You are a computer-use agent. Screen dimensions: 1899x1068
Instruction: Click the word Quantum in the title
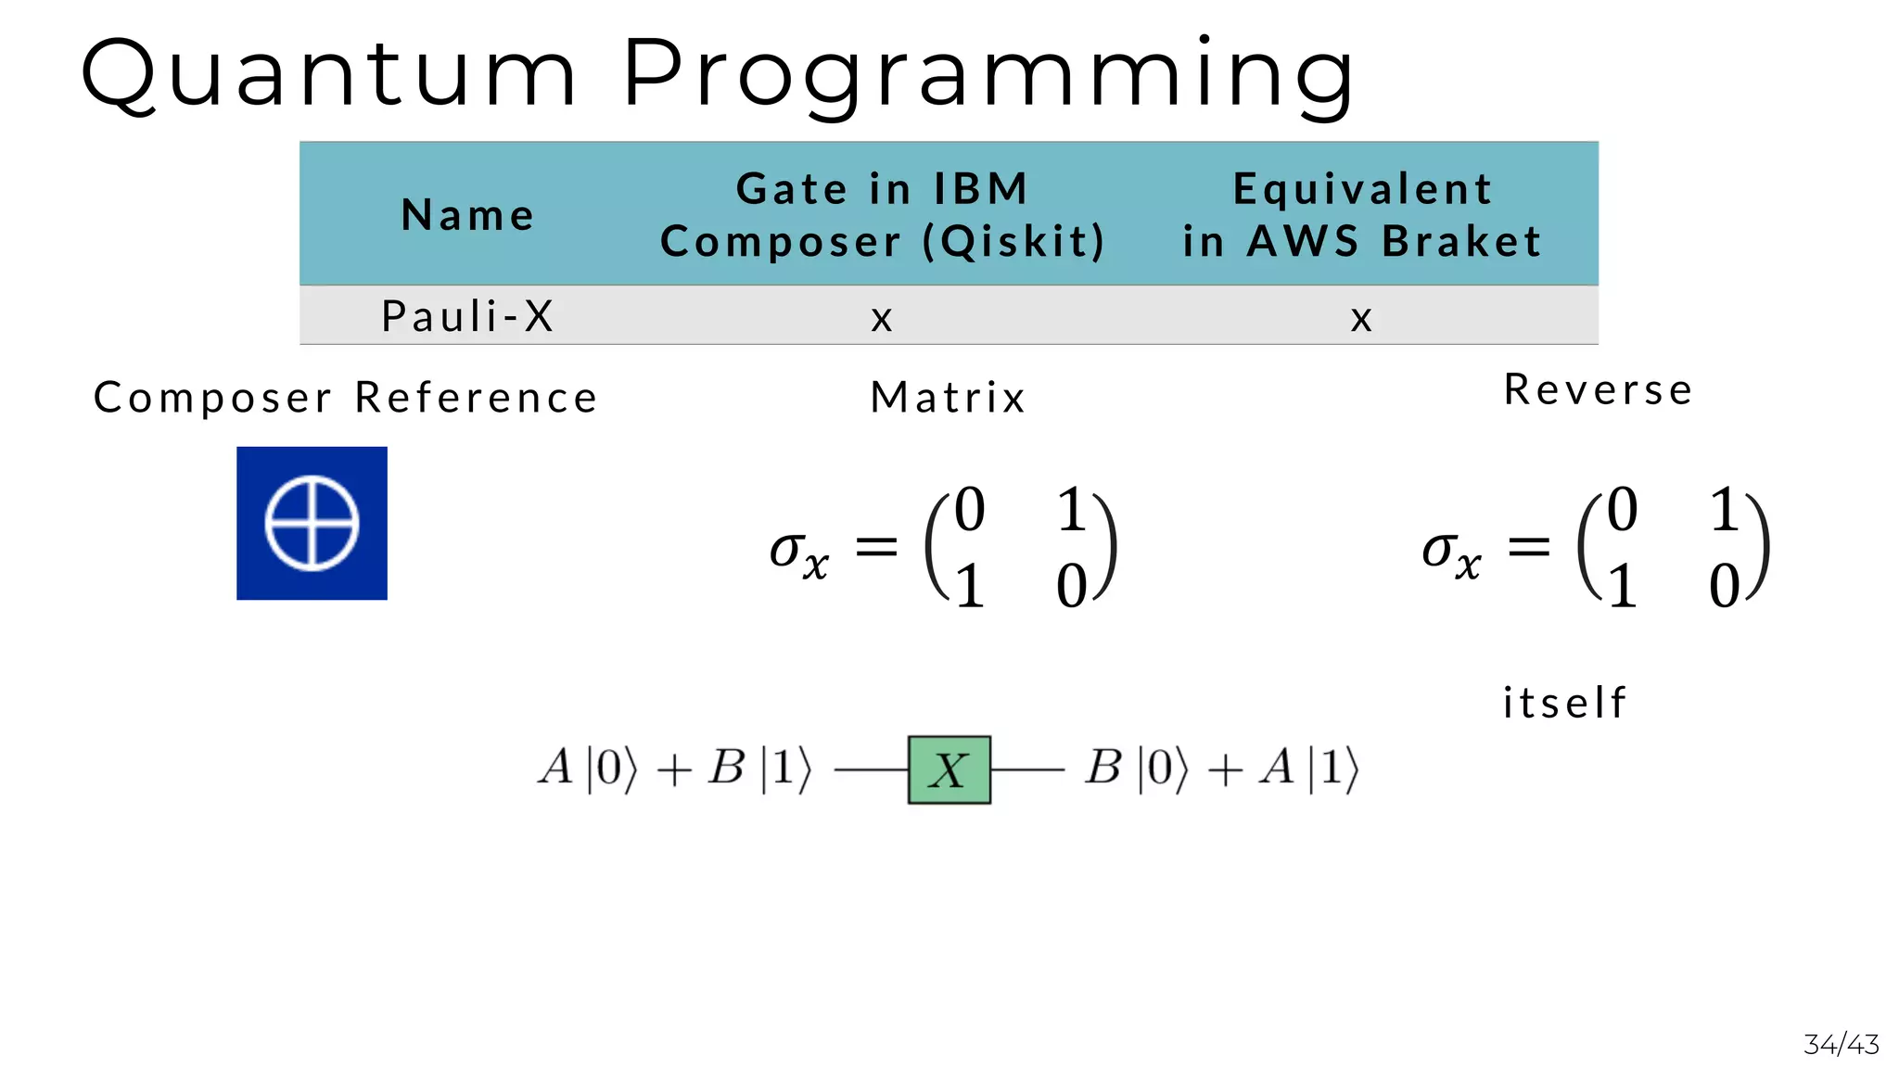coord(329,74)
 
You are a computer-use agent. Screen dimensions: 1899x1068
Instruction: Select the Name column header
coord(468,215)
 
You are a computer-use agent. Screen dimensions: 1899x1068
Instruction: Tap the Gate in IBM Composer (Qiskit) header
coord(882,215)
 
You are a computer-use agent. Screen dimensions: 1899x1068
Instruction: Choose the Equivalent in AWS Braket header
coord(1361,215)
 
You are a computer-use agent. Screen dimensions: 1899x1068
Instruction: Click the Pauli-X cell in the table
coord(468,316)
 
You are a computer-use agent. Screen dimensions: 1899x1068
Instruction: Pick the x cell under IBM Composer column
coord(882,319)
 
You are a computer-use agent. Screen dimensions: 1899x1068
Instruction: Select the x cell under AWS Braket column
coord(1361,319)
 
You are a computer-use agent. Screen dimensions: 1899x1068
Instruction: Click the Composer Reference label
coord(346,398)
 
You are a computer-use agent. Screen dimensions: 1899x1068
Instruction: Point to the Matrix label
coord(948,398)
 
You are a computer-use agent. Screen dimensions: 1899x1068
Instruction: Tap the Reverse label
coord(1599,389)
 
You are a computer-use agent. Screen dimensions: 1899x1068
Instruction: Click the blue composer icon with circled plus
coord(312,523)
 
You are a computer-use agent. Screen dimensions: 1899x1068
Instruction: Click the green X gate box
coord(949,769)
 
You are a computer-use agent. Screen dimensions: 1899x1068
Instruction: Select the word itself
coord(1564,703)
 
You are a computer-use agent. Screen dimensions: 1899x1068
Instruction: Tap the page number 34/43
coord(1841,1045)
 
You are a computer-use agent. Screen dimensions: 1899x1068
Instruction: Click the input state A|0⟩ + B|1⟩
coord(675,768)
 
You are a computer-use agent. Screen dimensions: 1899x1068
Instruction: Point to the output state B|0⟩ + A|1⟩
coord(1221,768)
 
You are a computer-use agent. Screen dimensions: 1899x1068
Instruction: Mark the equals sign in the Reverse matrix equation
coord(1529,547)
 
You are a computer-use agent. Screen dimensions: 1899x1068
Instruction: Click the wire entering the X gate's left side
coord(871,769)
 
